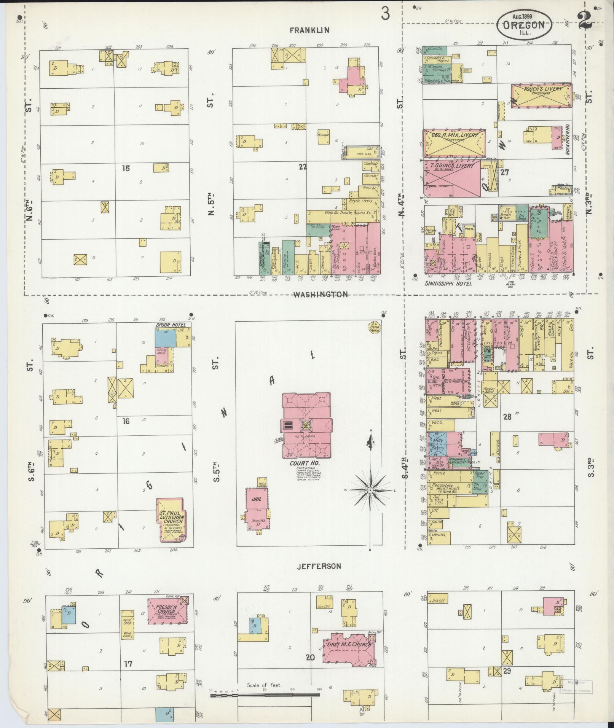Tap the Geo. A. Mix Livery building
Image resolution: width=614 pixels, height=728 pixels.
[454, 143]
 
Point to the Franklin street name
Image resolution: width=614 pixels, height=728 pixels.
[309, 30]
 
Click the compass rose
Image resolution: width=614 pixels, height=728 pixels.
[370, 491]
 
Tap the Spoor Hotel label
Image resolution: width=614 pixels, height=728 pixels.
[171, 325]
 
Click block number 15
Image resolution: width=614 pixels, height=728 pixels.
[126, 168]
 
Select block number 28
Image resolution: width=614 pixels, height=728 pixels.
[507, 416]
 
